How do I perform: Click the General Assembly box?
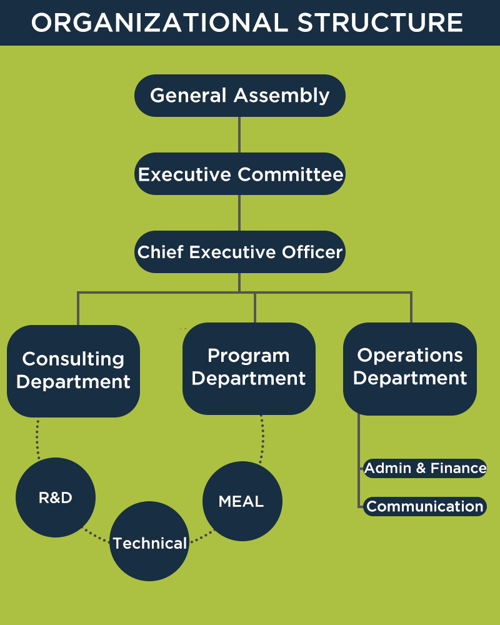(x=239, y=96)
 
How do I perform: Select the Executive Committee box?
(x=239, y=174)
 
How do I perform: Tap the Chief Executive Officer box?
(x=239, y=252)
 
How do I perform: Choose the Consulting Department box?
(x=73, y=371)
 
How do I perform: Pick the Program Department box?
(x=249, y=369)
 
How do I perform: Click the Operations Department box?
(x=410, y=369)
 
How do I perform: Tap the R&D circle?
(x=56, y=497)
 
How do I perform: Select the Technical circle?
(x=149, y=541)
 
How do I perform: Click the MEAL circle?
(x=242, y=501)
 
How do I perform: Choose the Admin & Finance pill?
(x=425, y=468)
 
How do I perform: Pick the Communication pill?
(x=425, y=506)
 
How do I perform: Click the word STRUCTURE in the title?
(x=380, y=22)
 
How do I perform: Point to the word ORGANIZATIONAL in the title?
(x=159, y=22)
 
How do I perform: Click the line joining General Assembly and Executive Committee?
(x=239, y=135)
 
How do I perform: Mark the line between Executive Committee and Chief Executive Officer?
(x=239, y=213)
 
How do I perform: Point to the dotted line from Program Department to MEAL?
(x=262, y=439)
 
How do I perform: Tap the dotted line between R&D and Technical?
(x=96, y=536)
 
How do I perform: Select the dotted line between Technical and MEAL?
(x=202, y=536)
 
